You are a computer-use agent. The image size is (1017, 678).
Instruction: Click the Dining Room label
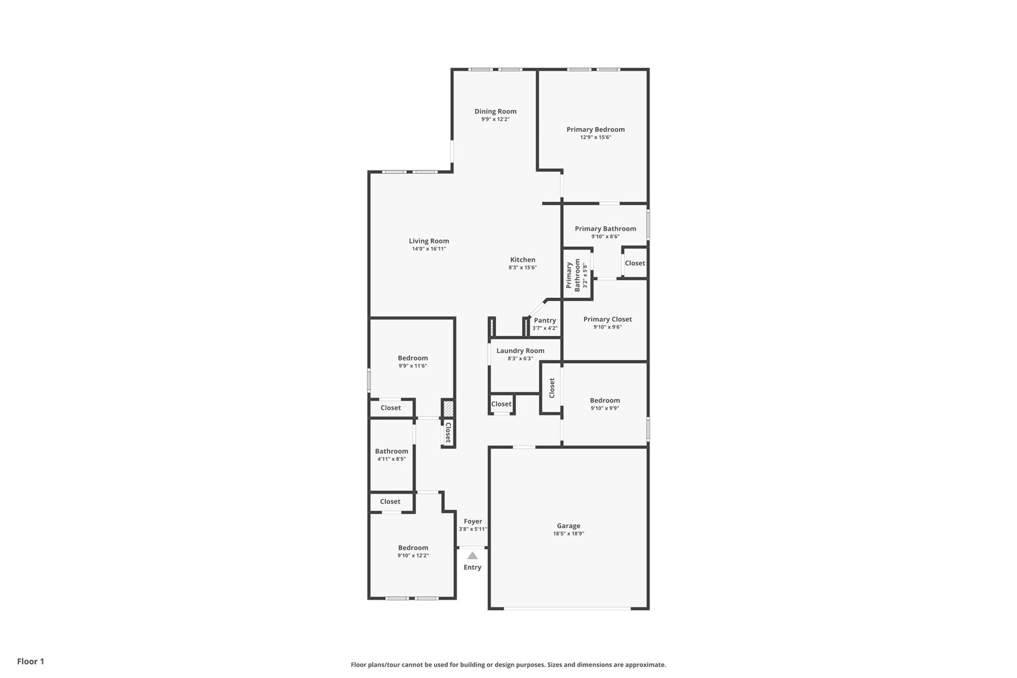(495, 111)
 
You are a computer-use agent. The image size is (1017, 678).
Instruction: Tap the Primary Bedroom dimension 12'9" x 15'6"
(595, 137)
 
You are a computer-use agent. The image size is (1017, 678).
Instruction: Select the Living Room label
(429, 241)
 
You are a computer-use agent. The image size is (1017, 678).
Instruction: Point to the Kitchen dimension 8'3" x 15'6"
(522, 267)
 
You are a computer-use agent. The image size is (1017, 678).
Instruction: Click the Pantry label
(545, 320)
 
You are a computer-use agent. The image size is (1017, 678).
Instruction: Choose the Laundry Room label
(520, 351)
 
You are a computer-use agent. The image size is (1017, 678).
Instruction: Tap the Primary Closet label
(607, 319)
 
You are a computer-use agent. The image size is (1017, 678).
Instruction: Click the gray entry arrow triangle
(472, 556)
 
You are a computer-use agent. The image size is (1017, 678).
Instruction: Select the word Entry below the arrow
(472, 567)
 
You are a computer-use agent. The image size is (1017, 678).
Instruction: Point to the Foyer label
(473, 522)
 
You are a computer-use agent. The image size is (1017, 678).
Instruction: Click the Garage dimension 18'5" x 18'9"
(568, 533)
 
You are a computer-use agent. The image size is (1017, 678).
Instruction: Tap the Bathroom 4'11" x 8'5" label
(391, 452)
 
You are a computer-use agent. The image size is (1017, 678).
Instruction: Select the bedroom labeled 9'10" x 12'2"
(413, 548)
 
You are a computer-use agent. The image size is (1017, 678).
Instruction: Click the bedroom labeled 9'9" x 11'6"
(412, 358)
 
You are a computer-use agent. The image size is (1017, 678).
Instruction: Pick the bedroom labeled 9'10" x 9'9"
(604, 400)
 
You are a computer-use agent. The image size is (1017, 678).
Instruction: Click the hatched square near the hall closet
(448, 409)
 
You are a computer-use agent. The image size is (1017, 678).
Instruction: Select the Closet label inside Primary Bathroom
(635, 263)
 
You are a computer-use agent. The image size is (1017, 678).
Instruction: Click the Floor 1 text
(31, 661)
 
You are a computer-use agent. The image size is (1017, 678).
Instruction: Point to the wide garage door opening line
(568, 608)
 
